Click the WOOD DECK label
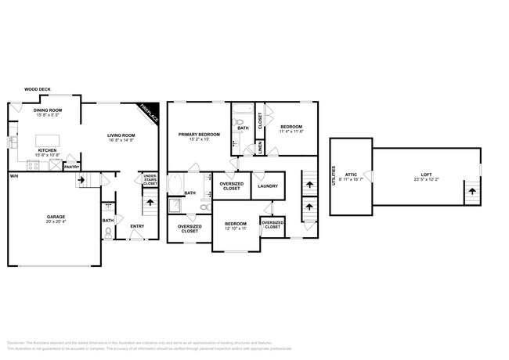coord(38,90)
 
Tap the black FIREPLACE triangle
coord(151,111)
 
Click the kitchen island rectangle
coord(48,141)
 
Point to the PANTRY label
coord(71,167)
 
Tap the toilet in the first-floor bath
coord(108,231)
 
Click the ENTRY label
coord(137,227)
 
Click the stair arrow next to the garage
coord(81,181)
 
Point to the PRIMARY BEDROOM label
coord(199,135)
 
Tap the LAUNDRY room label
coord(267,186)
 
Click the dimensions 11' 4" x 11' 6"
coord(291,131)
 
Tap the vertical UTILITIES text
coord(335,174)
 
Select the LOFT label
coord(426,175)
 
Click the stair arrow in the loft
coord(471,190)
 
